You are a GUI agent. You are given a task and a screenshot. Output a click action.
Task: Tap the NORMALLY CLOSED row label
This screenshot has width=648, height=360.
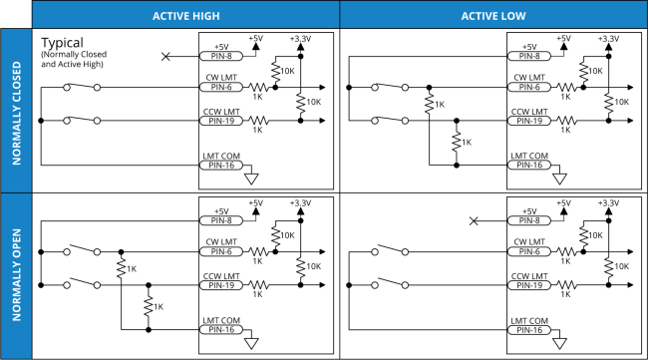(x=16, y=111)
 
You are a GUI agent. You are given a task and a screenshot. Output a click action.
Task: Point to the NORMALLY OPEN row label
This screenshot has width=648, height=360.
(x=16, y=276)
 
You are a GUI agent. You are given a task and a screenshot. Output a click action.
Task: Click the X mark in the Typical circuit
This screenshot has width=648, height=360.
(x=165, y=57)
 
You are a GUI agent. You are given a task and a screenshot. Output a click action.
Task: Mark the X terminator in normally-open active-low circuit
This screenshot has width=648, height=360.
(x=474, y=220)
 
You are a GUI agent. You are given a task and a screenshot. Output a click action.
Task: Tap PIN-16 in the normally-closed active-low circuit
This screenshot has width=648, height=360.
(x=528, y=166)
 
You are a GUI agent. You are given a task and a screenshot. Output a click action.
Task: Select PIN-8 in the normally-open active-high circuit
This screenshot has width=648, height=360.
(x=219, y=220)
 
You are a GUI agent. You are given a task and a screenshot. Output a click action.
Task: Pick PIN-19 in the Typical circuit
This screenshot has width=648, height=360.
(x=219, y=121)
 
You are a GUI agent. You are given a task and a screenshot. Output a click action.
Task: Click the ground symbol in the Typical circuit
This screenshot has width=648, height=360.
(x=251, y=178)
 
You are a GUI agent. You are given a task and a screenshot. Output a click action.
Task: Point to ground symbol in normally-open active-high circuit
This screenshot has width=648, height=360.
(x=251, y=342)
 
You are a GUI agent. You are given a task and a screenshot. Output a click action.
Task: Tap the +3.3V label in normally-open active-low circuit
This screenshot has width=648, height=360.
(x=607, y=202)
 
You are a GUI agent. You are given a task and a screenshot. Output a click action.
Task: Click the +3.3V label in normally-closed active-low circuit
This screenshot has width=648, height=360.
(x=607, y=38)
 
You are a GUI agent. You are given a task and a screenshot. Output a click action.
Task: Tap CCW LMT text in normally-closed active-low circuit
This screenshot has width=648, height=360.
(x=529, y=111)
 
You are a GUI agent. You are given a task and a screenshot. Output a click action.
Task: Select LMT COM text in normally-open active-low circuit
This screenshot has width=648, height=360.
(x=527, y=319)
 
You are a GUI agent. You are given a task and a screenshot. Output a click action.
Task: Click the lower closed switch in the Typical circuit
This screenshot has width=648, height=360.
(x=82, y=121)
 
